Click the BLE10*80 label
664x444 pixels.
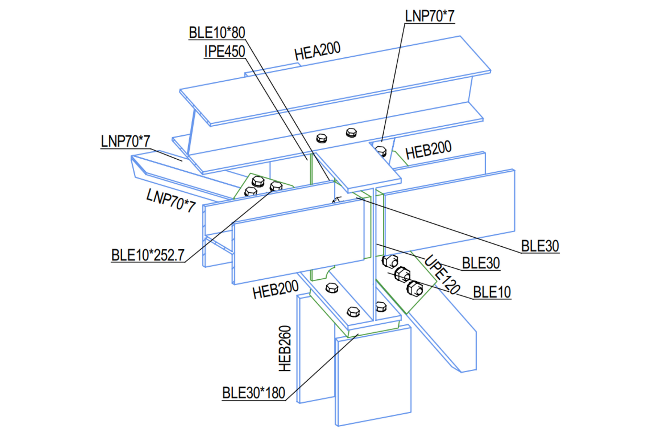coord(217,33)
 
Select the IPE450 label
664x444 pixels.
coord(224,51)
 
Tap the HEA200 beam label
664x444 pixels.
coord(317,51)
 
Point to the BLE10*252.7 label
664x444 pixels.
coord(148,255)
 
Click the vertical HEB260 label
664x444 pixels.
coord(285,348)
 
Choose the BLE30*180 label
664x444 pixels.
coord(253,393)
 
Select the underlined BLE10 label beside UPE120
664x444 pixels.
coord(492,292)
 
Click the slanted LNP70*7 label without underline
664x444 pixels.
coord(171,200)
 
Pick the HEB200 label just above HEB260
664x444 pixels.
coord(275,289)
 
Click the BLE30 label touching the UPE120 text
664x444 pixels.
coord(481,263)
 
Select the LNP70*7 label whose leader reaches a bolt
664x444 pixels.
coord(429,16)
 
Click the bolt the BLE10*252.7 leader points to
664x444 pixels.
coord(276,186)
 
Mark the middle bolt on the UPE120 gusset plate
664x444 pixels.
coord(402,274)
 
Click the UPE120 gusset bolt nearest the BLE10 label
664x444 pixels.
coord(415,289)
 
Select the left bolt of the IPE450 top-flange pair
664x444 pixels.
coord(321,138)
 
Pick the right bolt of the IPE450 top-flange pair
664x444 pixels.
coord(351,133)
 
